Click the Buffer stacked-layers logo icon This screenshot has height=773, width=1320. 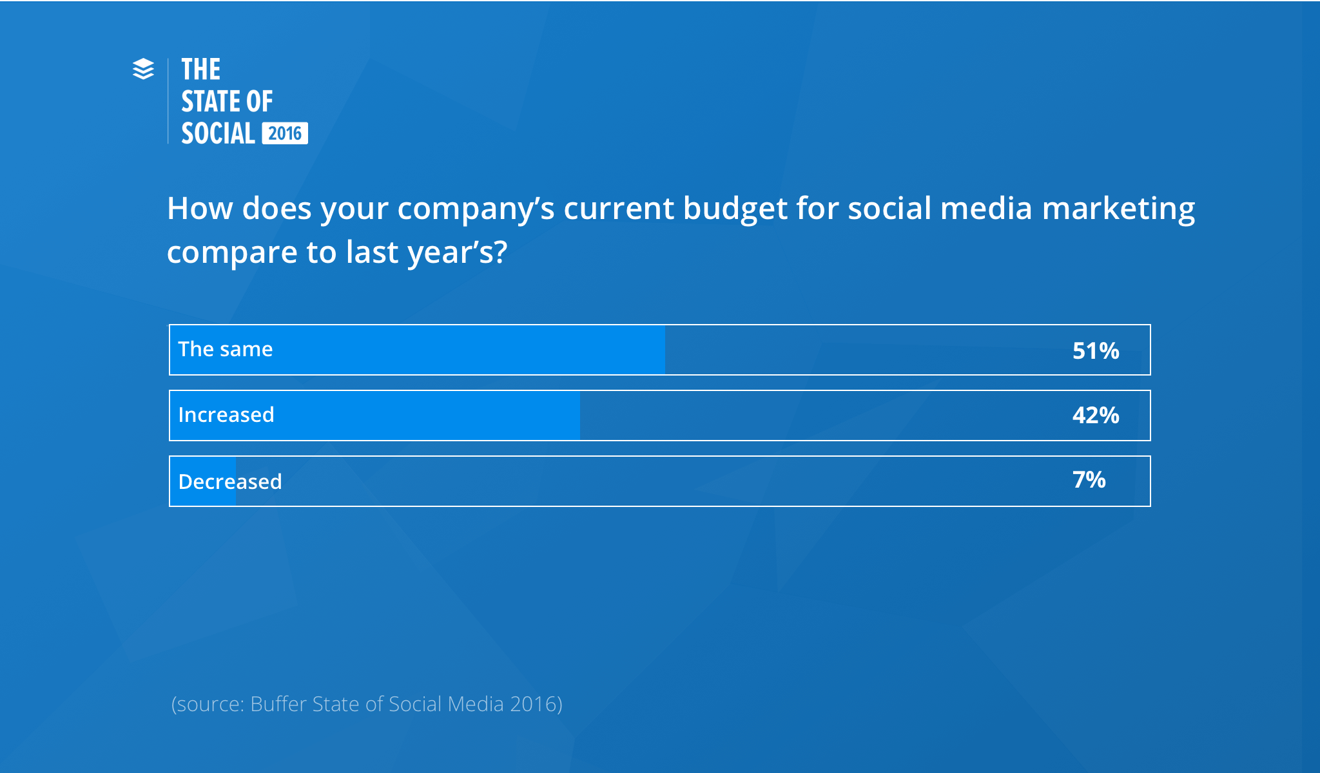[143, 69]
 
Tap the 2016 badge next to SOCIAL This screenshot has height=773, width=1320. [285, 133]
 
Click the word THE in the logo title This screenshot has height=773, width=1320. [200, 70]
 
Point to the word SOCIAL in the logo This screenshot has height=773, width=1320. [218, 133]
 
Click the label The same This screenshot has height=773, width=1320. [225, 349]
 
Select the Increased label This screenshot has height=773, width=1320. [226, 415]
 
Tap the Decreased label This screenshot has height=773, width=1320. [229, 482]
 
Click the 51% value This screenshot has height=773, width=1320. [1095, 351]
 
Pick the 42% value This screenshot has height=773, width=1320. [1095, 415]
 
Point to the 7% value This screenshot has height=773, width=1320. [1089, 480]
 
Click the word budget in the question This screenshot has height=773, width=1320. [735, 209]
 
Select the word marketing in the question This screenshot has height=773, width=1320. [1118, 209]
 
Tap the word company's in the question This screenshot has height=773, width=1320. [475, 209]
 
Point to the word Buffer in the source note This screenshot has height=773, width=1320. [278, 704]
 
